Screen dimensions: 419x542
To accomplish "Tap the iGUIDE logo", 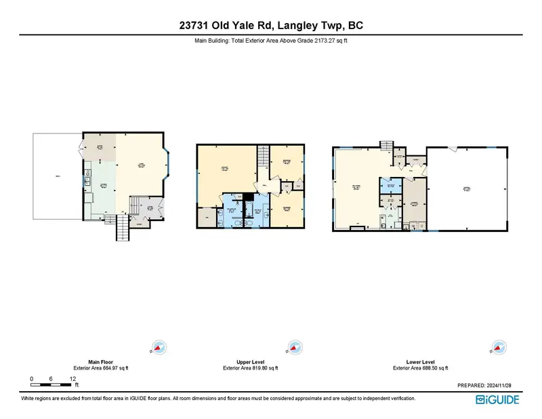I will click(497, 399).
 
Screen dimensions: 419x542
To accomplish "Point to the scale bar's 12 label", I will click(72, 379).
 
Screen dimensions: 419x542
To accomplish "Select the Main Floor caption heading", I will click(100, 362).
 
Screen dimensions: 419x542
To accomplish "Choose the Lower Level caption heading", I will click(420, 362).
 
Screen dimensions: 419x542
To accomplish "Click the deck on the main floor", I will click(58, 177).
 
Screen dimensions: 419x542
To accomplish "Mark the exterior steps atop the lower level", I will click(386, 146).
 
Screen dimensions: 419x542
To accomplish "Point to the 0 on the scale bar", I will click(31, 379).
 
